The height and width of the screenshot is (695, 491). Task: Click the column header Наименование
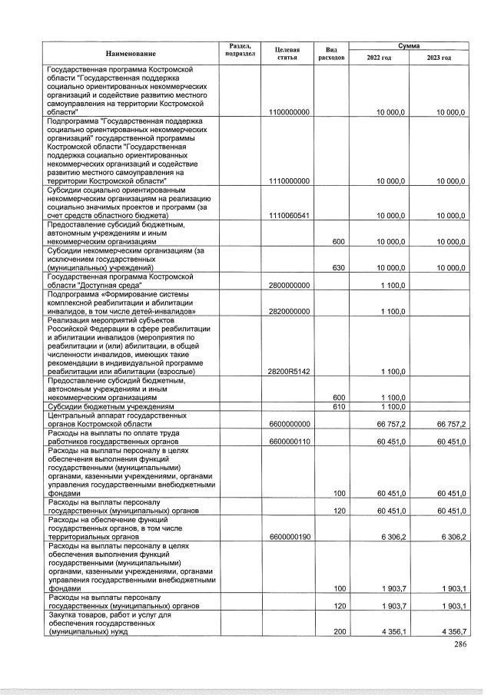[131, 53]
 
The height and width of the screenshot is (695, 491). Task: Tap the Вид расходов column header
[332, 53]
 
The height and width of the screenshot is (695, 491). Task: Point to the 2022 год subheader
[379, 58]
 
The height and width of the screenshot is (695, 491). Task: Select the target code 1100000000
[289, 112]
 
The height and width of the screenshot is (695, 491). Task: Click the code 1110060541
[289, 215]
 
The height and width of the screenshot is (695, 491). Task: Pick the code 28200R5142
[289, 371]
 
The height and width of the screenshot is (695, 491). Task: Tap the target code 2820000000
[289, 311]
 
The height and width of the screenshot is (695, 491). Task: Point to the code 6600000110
[289, 441]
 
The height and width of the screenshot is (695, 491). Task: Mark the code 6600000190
[289, 536]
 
